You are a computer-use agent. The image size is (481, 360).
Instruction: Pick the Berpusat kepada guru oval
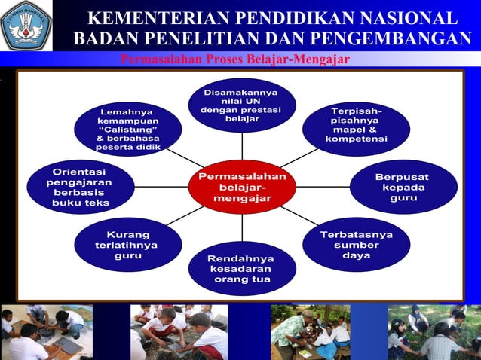(x=403, y=188)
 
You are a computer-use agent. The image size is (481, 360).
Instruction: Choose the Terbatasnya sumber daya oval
(x=356, y=245)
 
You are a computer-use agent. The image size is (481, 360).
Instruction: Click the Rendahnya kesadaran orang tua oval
(x=242, y=269)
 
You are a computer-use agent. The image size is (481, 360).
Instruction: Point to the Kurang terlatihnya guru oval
(x=127, y=245)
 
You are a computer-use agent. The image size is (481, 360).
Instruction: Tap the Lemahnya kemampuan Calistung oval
(x=127, y=129)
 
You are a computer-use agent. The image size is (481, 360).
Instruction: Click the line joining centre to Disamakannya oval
(x=242, y=147)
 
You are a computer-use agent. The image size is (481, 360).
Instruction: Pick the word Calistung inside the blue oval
(x=128, y=129)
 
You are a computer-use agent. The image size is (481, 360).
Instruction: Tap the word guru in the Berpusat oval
(x=403, y=199)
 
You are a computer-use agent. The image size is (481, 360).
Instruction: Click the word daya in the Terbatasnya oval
(x=356, y=256)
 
